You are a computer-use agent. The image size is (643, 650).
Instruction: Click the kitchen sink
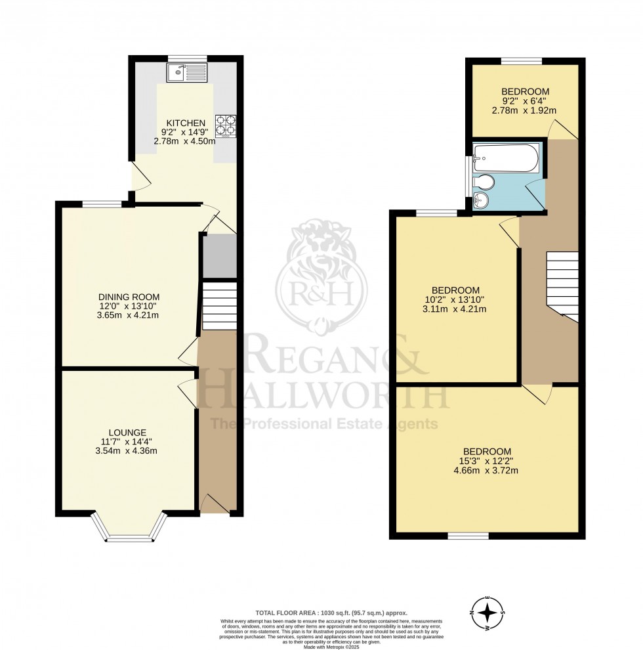[x=187, y=72]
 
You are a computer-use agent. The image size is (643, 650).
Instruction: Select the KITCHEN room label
[x=186, y=123]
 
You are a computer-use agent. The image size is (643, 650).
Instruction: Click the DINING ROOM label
[x=129, y=297]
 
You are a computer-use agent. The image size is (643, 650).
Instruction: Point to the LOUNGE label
[x=127, y=432]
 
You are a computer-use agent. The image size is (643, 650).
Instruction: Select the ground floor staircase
[x=218, y=305]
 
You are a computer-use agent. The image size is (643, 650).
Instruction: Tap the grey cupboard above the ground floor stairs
[x=219, y=256]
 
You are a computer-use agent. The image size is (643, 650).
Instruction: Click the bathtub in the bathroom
[x=505, y=158]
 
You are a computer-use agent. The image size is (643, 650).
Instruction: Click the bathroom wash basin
[x=484, y=200]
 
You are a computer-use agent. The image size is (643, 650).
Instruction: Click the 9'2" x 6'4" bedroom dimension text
[x=525, y=101]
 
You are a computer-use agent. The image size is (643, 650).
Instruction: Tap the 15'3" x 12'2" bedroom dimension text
[x=487, y=461]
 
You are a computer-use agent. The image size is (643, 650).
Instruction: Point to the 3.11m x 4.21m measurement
[x=455, y=309]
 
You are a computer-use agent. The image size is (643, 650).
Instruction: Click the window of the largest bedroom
[x=468, y=536]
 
